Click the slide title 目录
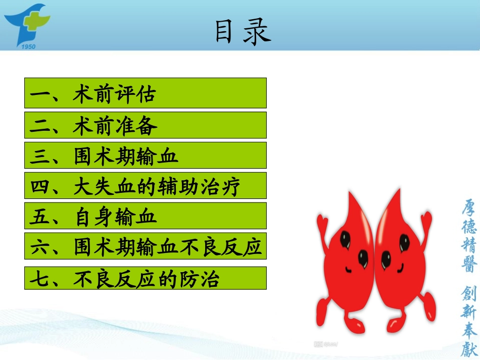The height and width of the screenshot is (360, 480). [243, 32]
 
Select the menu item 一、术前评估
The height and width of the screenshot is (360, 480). [145, 93]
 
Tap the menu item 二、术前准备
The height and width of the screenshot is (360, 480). [145, 125]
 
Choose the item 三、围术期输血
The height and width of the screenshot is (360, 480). [145, 156]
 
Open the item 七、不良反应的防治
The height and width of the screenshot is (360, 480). [145, 278]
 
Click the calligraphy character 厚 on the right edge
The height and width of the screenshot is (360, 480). [469, 208]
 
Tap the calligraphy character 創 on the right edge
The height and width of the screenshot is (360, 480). [469, 293]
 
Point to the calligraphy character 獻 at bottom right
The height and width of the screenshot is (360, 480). [469, 348]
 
